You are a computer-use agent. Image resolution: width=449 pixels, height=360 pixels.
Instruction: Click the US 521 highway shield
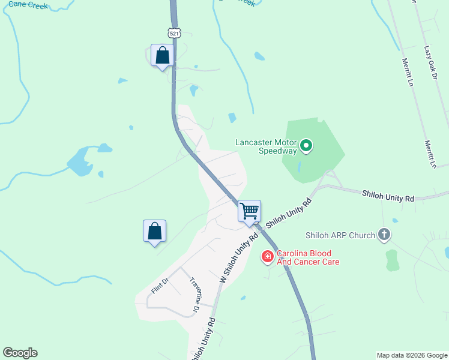pos(174,34)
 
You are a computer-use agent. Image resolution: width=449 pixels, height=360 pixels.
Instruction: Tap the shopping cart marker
pos(249,211)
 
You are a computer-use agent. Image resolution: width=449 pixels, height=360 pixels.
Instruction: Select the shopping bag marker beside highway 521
pos(162,56)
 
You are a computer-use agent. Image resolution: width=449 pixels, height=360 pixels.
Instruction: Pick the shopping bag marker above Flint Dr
pos(154,231)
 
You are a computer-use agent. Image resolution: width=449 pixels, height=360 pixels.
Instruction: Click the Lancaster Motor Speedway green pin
pos(306,146)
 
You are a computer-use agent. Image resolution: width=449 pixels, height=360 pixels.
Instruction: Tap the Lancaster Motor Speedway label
pos(266,146)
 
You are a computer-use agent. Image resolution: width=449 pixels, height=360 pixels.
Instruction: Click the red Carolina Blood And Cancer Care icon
pos(267,257)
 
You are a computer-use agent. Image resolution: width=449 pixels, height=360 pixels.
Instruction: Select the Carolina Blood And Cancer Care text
pos(308,257)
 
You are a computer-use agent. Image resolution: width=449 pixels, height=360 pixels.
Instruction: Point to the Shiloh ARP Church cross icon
pos(384,235)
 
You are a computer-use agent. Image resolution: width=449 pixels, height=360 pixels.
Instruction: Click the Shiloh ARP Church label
pos(340,235)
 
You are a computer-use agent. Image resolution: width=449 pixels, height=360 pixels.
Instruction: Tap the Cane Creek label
pos(29,5)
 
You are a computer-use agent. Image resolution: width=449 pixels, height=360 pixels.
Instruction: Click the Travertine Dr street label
pos(194,295)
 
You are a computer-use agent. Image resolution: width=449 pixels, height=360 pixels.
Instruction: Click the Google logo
pos(20,353)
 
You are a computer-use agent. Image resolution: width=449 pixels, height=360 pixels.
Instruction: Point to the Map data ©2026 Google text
pos(412,355)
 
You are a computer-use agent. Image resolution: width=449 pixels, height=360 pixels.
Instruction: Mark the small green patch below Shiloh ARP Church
pos(392,260)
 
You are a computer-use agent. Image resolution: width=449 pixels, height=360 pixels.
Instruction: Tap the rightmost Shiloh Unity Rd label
pos(388,196)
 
